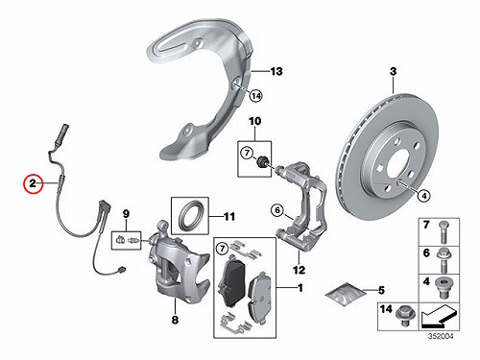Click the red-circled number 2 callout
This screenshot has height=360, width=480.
tap(33, 183)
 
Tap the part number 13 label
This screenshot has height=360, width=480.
tap(276, 71)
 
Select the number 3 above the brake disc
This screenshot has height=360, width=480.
tap(393, 71)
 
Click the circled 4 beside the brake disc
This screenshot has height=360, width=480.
tap(424, 195)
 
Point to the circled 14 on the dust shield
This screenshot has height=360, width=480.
tap(256, 95)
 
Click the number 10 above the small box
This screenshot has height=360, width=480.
tap(255, 121)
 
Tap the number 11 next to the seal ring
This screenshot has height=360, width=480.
tap(229, 217)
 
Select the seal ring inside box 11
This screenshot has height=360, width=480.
tap(189, 215)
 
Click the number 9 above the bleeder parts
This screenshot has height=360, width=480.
tap(126, 214)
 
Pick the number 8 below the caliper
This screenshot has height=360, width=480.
tap(175, 320)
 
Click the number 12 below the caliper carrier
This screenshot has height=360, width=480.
tap(299, 270)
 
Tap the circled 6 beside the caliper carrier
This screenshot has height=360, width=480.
tap(277, 210)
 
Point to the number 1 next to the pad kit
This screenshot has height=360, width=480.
tap(300, 288)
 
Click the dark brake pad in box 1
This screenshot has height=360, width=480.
tap(231, 276)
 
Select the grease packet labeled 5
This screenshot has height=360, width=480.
tap(345, 294)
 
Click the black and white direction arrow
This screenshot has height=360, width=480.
tap(439, 317)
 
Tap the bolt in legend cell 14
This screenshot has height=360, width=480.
tap(404, 317)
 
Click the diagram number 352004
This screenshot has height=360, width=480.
tap(441, 336)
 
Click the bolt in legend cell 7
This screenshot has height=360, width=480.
tap(444, 232)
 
